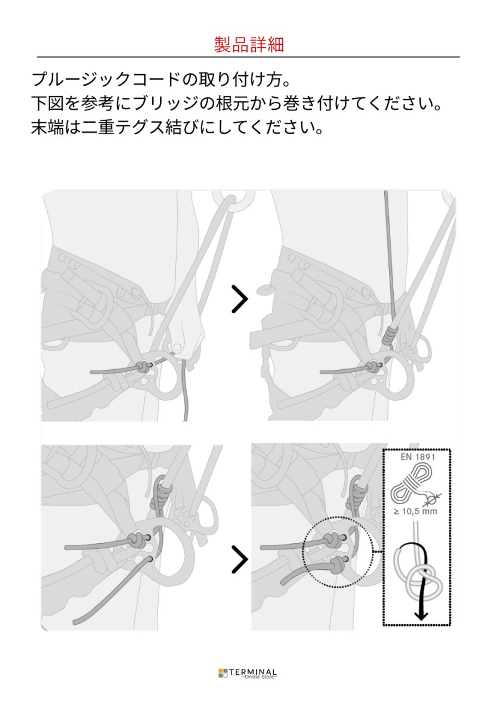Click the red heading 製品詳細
coord(248,44)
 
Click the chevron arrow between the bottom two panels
coord(239,559)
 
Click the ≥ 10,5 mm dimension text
coord(416,511)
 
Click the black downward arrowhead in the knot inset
coord(421,615)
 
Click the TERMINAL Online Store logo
coord(248,673)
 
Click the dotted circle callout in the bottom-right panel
coord(338,551)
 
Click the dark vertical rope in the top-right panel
coord(389,257)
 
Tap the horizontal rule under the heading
coord(248,57)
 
